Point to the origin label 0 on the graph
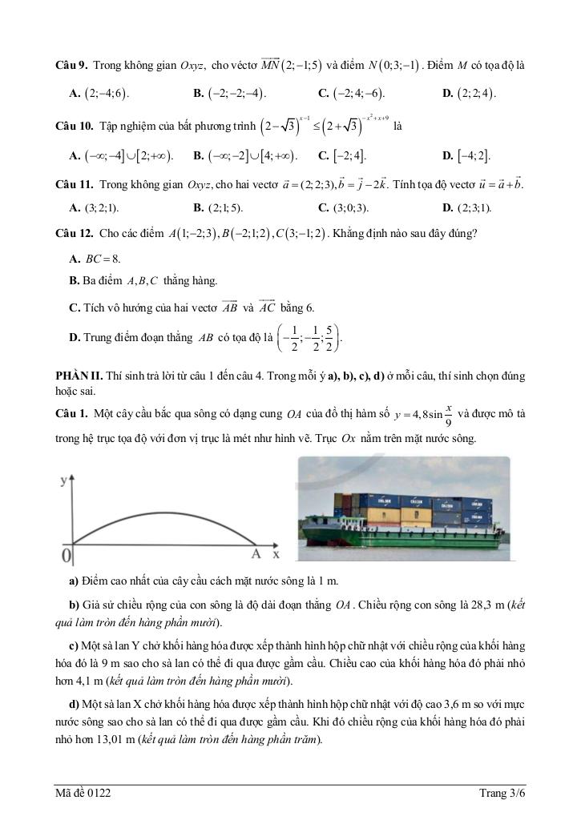click(68, 555)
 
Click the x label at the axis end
click(276, 554)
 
